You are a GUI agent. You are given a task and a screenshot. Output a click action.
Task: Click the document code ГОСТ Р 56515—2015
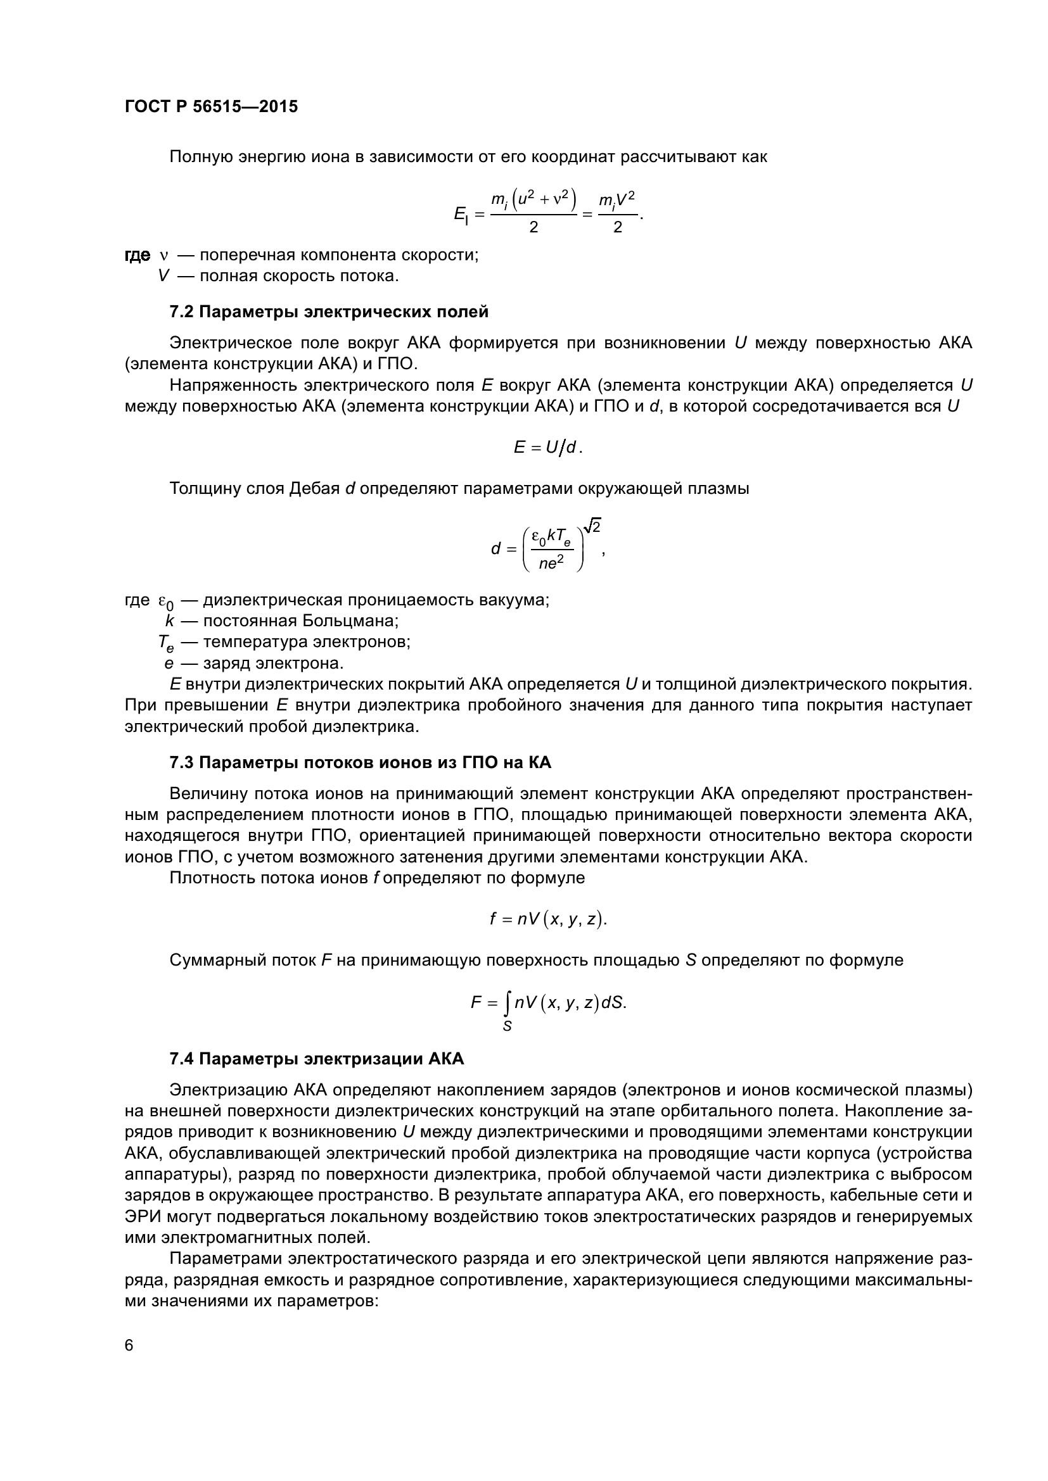pyautogui.click(x=211, y=107)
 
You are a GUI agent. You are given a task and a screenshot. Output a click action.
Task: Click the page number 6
pyautogui.click(x=129, y=1346)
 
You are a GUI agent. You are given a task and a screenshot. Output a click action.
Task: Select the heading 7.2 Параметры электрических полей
pyautogui.click(x=328, y=312)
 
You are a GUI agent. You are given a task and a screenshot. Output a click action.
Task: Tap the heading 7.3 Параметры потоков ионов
pyautogui.click(x=360, y=763)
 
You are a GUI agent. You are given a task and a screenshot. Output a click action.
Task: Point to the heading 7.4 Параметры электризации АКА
pyautogui.click(x=316, y=1059)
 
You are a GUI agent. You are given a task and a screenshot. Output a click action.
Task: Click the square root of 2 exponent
pyautogui.click(x=592, y=527)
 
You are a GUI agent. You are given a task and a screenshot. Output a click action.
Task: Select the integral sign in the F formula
pyautogui.click(x=508, y=1003)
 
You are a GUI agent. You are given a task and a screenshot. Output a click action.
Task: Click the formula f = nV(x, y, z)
pyautogui.click(x=548, y=919)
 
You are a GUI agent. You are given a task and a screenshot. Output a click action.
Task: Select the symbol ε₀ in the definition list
pyautogui.click(x=166, y=601)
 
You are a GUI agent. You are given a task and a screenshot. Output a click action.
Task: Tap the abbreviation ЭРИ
pyautogui.click(x=143, y=1217)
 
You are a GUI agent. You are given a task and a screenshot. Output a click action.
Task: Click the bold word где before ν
pyautogui.click(x=137, y=255)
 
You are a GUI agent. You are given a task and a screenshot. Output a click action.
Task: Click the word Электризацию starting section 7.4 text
pyautogui.click(x=229, y=1091)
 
